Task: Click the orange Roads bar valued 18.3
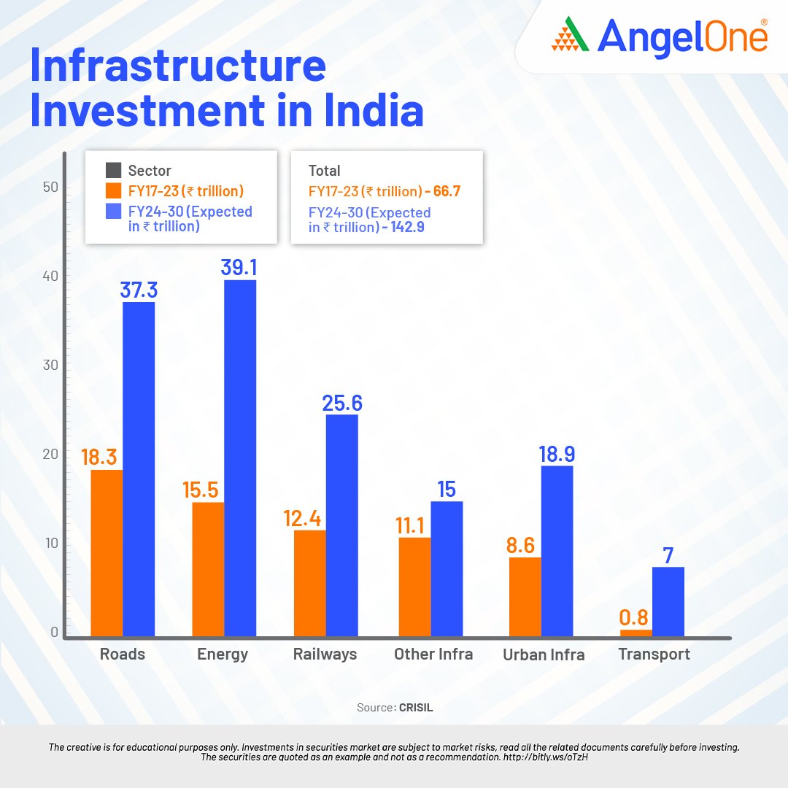click(107, 553)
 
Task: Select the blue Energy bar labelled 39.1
click(240, 458)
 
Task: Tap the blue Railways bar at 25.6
click(341, 525)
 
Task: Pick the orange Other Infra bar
click(414, 587)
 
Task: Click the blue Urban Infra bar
click(557, 551)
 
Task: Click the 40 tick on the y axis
click(50, 277)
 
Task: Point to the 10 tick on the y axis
click(50, 544)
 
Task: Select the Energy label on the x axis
click(223, 654)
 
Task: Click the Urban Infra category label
click(544, 654)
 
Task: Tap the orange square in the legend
click(113, 191)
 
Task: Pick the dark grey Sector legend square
click(113, 171)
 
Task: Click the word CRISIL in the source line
click(416, 708)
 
